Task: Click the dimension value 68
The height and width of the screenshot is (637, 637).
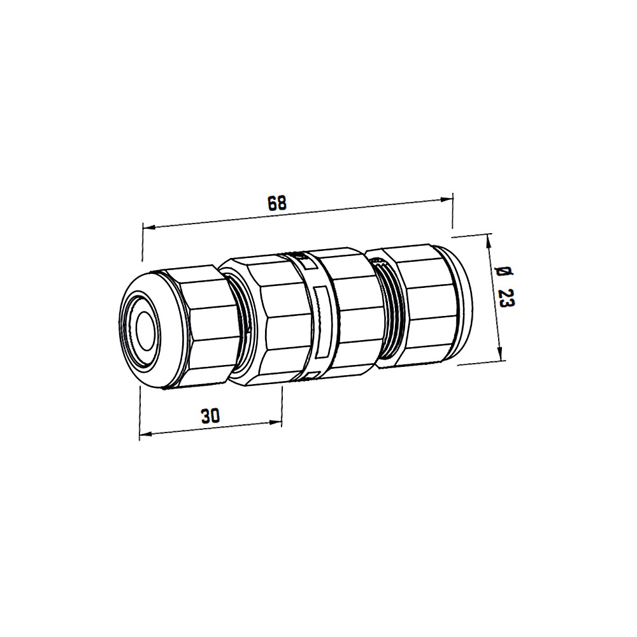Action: (278, 203)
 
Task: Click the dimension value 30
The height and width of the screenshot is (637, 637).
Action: (210, 415)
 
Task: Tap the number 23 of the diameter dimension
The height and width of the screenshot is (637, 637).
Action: (506, 298)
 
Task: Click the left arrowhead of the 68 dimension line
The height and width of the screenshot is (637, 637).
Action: (148, 227)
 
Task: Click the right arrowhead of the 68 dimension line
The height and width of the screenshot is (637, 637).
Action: (447, 198)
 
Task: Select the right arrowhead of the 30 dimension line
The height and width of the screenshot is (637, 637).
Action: (276, 423)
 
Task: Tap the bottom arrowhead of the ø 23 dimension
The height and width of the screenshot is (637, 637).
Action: (503, 354)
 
